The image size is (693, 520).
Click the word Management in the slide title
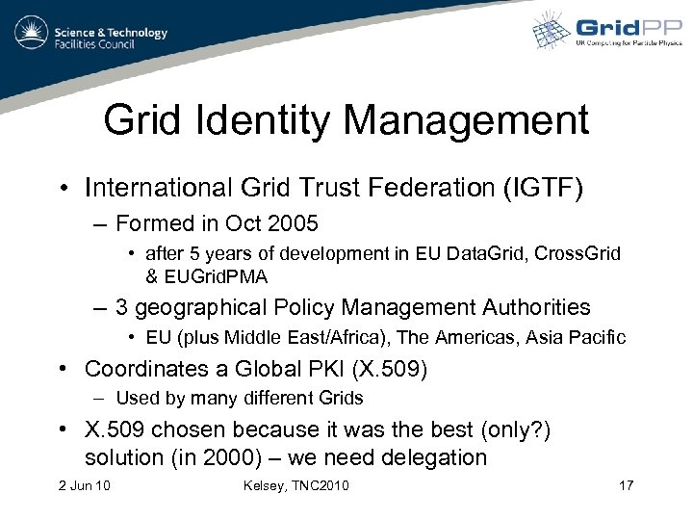click(465, 122)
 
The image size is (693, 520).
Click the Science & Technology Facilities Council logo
click(91, 36)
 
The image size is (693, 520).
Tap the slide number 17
click(626, 484)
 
